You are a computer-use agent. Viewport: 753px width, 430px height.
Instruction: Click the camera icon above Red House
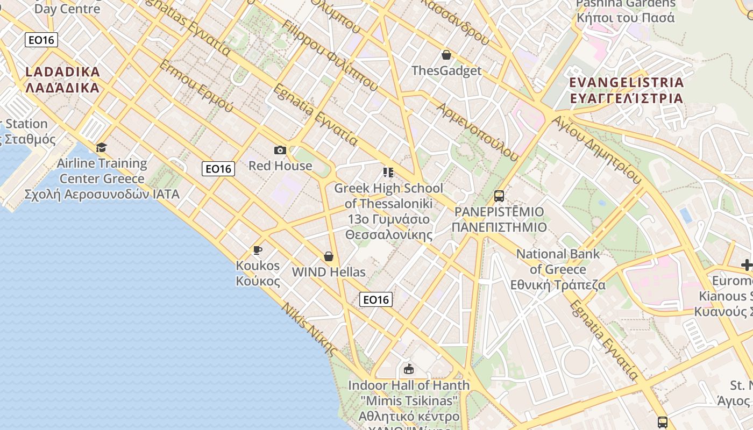[280, 150]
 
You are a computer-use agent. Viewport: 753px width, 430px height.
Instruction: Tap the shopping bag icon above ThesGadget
[446, 54]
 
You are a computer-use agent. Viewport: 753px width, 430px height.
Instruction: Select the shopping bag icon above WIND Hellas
[328, 256]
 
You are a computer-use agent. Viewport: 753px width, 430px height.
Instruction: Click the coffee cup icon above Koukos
[258, 250]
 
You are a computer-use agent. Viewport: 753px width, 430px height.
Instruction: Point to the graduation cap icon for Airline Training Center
[101, 147]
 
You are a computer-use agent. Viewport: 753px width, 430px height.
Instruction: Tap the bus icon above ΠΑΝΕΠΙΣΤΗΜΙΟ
[499, 196]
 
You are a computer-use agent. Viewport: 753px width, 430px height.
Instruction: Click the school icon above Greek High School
[388, 172]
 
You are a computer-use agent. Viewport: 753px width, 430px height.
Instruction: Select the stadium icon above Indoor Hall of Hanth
[408, 369]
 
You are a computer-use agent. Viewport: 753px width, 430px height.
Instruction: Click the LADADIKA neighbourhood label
[62, 80]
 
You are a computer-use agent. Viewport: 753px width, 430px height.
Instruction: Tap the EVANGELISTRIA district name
[626, 90]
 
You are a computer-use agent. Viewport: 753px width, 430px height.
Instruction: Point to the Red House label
[280, 166]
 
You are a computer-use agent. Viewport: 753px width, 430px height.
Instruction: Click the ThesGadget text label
[446, 70]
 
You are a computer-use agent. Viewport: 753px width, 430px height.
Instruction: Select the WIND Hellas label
[328, 272]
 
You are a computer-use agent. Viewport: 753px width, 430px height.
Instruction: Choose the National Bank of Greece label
[558, 269]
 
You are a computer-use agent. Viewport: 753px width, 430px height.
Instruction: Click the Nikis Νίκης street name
[309, 330]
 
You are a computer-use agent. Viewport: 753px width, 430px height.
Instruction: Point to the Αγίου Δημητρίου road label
[596, 150]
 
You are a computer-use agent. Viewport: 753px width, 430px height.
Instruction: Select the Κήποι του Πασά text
[626, 17]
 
